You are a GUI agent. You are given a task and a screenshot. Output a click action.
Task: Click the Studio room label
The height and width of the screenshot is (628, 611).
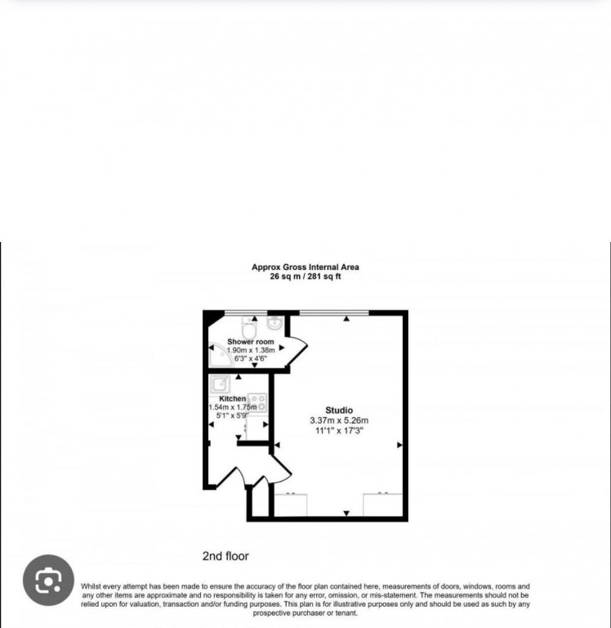point(339,410)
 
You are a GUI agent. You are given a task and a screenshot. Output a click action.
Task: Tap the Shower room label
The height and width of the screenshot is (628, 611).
point(251,342)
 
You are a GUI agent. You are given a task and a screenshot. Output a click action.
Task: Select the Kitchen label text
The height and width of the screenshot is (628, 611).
point(233,398)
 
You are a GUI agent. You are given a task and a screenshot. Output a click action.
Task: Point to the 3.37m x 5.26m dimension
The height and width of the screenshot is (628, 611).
point(339,420)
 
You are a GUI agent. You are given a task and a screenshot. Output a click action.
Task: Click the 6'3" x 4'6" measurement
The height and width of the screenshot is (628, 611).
point(251,358)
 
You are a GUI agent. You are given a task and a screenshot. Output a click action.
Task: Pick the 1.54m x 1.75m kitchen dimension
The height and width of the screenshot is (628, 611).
point(233,407)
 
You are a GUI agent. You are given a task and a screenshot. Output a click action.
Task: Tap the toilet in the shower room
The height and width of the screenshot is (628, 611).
point(249,327)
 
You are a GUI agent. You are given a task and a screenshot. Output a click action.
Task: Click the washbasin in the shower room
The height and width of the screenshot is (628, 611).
point(275,323)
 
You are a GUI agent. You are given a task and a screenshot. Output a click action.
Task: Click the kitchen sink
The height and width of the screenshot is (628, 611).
point(219,384)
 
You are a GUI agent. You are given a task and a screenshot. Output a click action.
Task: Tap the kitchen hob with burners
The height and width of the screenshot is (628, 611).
point(257,402)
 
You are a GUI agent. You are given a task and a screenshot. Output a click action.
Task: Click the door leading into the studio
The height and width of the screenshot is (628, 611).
point(282,469)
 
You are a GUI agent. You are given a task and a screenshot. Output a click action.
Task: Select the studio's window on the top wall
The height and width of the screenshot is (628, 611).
point(334,312)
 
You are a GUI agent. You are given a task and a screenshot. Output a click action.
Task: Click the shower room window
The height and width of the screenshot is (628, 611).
point(246,312)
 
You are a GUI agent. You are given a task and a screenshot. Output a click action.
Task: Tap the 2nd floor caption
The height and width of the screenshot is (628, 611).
point(225,556)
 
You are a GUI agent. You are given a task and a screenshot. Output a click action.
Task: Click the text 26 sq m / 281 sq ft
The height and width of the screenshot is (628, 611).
point(305,276)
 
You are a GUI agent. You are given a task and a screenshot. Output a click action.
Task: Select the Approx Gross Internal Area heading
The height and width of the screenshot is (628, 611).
point(305,267)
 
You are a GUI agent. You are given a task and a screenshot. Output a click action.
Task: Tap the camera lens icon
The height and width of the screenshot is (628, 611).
point(48,580)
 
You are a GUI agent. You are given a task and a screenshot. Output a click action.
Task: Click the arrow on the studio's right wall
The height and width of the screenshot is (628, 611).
point(399,445)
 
